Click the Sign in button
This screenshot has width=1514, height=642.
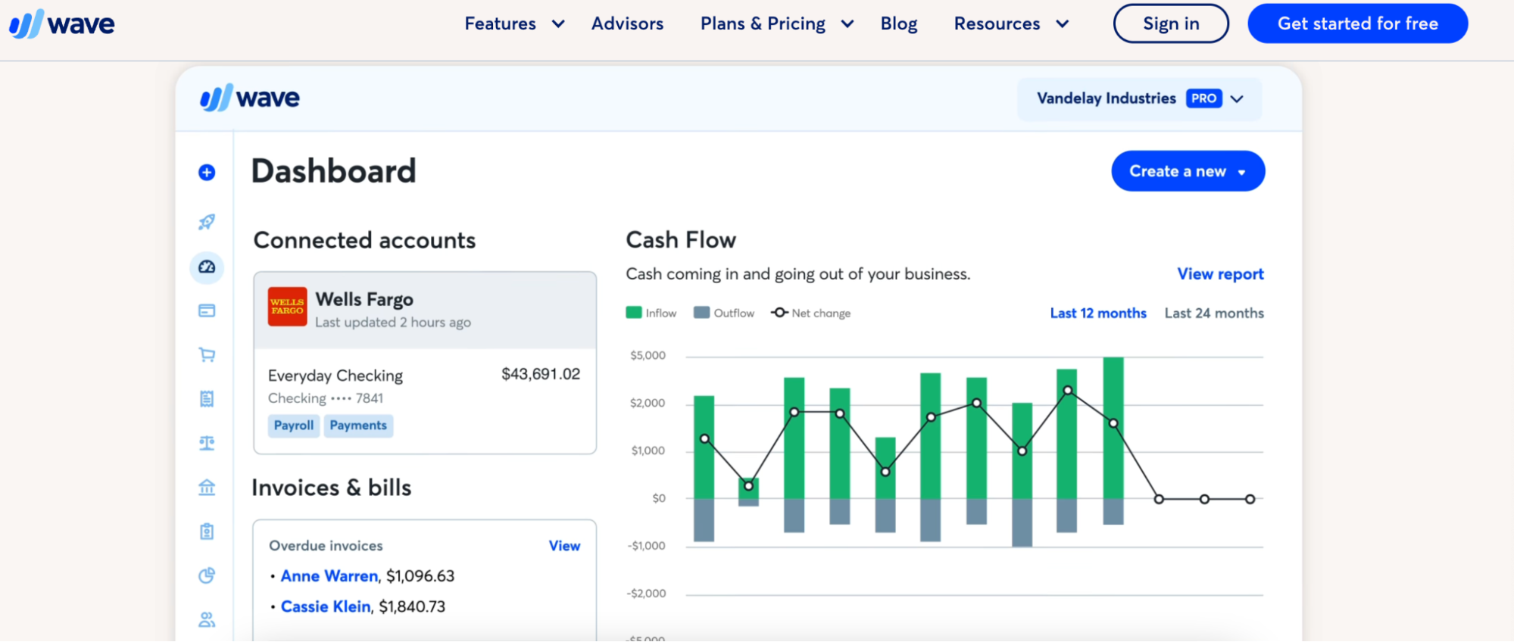pyautogui.click(x=1170, y=23)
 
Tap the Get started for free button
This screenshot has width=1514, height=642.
pyautogui.click(x=1357, y=23)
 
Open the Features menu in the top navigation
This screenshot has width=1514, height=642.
pyautogui.click(x=514, y=23)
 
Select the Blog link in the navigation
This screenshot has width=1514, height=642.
pyautogui.click(x=898, y=23)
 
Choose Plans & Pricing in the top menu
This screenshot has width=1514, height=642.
pyautogui.click(x=776, y=23)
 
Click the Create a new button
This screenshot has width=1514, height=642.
pyautogui.click(x=1187, y=171)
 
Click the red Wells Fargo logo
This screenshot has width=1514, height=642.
pyautogui.click(x=287, y=307)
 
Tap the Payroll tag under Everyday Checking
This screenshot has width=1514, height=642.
pyautogui.click(x=293, y=425)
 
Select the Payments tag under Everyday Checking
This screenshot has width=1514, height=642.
pyautogui.click(x=358, y=425)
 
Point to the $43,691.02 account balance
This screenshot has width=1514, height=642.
pyautogui.click(x=540, y=374)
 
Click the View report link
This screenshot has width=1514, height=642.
pyautogui.click(x=1219, y=274)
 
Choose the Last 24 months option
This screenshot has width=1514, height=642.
pyautogui.click(x=1213, y=313)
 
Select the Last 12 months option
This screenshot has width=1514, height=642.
pyautogui.click(x=1097, y=313)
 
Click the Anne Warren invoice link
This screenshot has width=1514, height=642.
pyautogui.click(x=329, y=576)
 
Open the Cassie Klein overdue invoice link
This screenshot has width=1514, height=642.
pyautogui.click(x=325, y=606)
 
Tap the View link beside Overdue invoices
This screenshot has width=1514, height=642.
pyautogui.click(x=564, y=546)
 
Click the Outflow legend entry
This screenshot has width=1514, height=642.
pyautogui.click(x=724, y=313)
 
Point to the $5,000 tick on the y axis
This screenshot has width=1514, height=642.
pyautogui.click(x=648, y=356)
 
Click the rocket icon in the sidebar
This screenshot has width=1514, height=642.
pyautogui.click(x=207, y=222)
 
